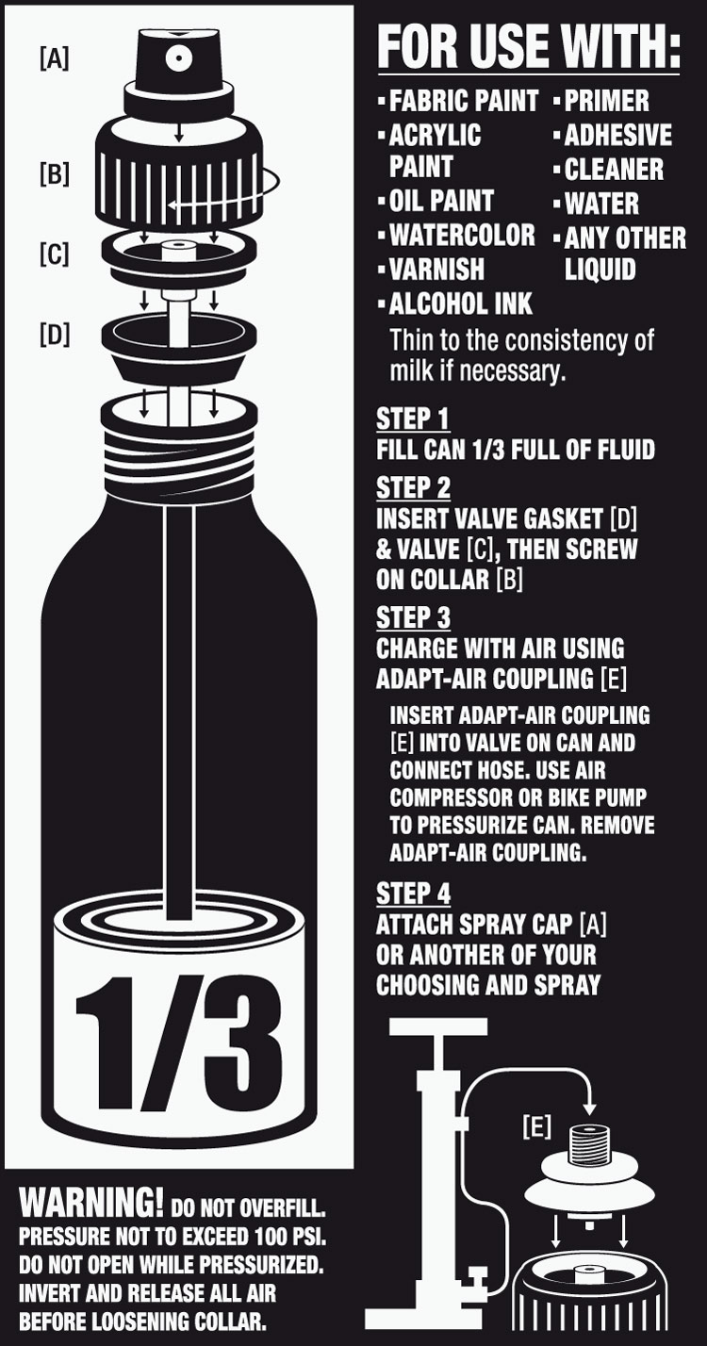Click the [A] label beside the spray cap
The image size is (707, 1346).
pyautogui.click(x=54, y=59)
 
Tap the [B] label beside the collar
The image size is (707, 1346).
pyautogui.click(x=54, y=174)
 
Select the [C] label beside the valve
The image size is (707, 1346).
pyautogui.click(x=54, y=254)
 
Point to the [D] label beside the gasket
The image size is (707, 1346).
pyautogui.click(x=54, y=335)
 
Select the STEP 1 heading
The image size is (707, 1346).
pyautogui.click(x=413, y=419)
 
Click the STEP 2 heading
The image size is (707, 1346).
pyautogui.click(x=413, y=488)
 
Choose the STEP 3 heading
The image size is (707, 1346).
pyautogui.click(x=413, y=617)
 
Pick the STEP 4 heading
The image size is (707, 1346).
pyautogui.click(x=413, y=893)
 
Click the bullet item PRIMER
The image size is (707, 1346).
pyautogui.click(x=606, y=101)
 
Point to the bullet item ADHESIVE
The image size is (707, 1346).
pyautogui.click(x=617, y=135)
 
